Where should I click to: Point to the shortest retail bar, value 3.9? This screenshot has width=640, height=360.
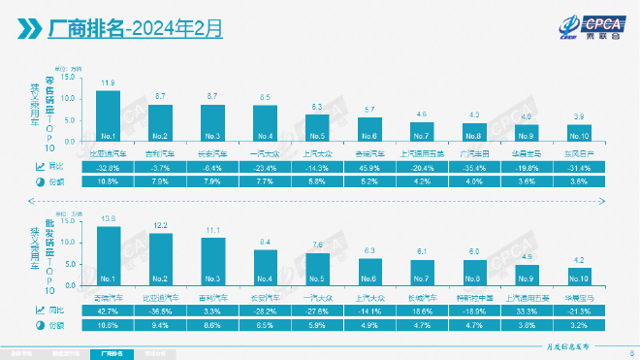tap(578, 132)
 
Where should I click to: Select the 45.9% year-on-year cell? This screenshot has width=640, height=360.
tap(368, 167)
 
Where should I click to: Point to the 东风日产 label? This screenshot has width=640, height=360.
tap(578, 152)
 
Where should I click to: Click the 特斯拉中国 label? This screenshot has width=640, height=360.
tap(473, 298)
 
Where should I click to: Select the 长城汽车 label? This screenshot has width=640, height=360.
tap(421, 298)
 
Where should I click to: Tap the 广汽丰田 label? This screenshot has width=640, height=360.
tap(473, 152)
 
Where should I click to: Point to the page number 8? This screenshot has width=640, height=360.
tap(631, 352)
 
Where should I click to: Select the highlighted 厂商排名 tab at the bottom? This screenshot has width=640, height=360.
tap(112, 353)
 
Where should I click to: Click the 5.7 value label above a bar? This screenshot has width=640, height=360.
tap(368, 110)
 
